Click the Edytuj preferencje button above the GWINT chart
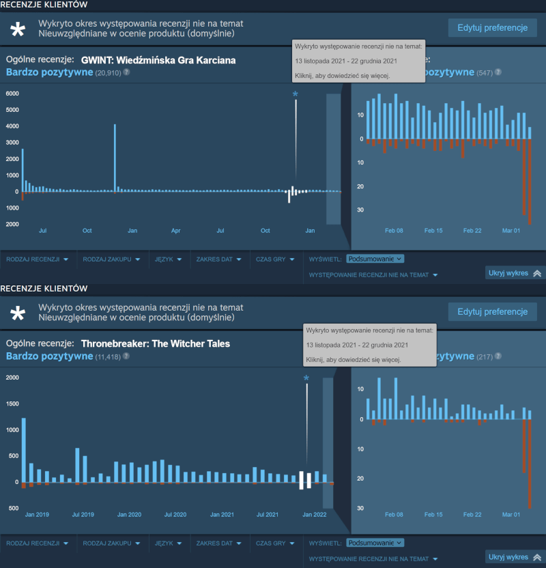coord(492,28)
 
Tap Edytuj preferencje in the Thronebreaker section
coord(492,312)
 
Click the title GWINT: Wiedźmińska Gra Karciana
coord(158,60)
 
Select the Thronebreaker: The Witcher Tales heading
coord(156,343)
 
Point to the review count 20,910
coord(109,72)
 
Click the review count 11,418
coord(109,356)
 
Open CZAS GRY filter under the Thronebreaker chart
coord(274,543)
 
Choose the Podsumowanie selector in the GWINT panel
coord(375,259)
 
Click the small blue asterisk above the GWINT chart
coord(296,94)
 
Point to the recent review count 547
coord(485,72)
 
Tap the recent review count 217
coord(485,356)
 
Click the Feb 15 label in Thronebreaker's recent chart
coord(433,514)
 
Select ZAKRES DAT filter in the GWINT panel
coord(218,259)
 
